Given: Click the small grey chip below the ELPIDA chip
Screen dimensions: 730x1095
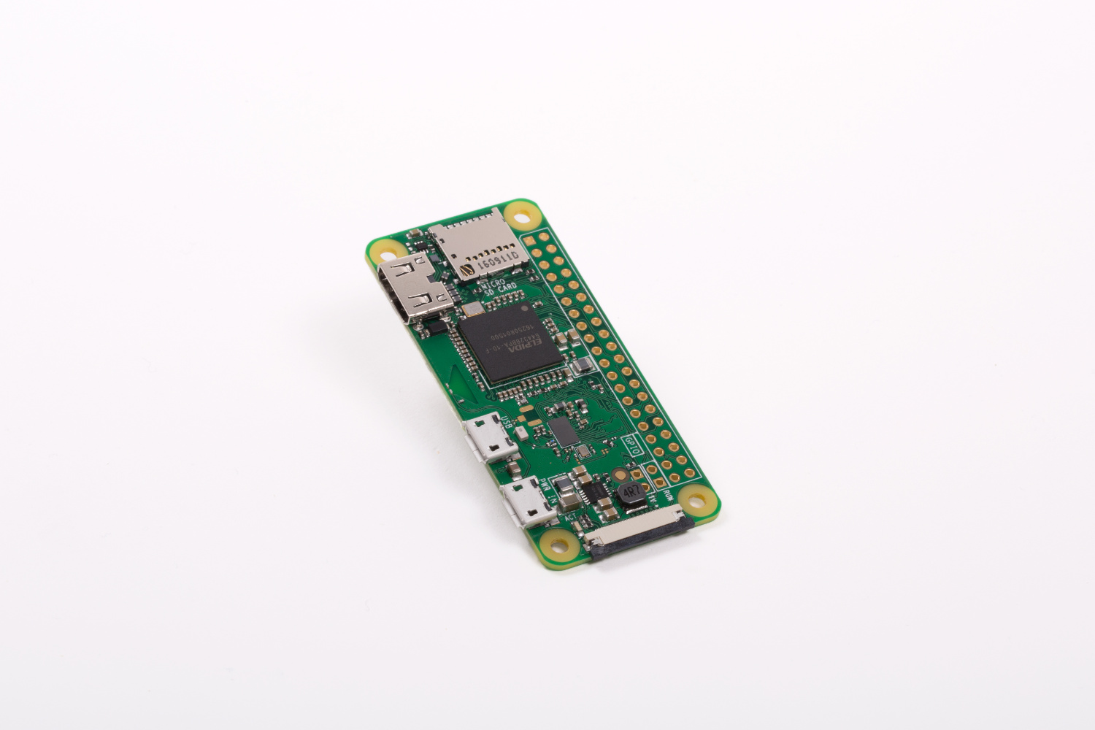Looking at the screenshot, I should pos(564,431).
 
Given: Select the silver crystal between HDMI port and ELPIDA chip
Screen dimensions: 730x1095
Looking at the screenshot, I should pos(473,307).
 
